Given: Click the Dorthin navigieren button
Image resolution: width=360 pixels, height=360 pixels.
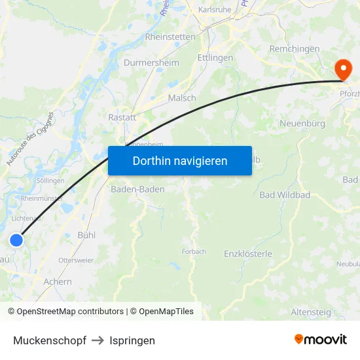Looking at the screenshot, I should click(180, 160).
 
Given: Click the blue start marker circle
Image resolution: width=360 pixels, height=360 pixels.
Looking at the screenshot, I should click(16, 240).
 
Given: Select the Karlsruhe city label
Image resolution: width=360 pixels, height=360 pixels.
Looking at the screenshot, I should click(215, 10).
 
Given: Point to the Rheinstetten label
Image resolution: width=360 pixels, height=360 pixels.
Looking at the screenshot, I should click(170, 37).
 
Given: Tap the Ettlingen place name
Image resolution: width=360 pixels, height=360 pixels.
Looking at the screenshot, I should click(215, 58).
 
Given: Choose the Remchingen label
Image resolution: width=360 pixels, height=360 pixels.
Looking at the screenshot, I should click(295, 49).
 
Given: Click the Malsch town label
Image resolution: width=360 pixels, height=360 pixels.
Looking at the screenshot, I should click(182, 98).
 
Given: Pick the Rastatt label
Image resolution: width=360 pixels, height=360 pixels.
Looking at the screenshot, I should click(122, 118).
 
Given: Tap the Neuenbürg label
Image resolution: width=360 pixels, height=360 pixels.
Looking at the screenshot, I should click(302, 123).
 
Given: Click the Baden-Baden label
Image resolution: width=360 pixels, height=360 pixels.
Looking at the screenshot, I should click(137, 189).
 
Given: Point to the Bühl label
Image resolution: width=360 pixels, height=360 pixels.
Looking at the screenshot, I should click(86, 234).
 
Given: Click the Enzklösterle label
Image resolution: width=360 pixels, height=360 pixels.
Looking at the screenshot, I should click(248, 253).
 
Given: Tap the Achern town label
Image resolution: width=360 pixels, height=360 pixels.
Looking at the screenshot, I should click(58, 281).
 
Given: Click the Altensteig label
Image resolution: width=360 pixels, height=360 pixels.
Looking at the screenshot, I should click(311, 312).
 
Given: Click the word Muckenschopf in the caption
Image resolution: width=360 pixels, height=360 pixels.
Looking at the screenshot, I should click(50, 340).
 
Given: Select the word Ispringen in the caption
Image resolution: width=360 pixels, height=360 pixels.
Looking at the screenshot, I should click(132, 340).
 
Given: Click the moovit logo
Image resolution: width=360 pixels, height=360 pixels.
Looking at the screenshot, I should click(321, 339).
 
